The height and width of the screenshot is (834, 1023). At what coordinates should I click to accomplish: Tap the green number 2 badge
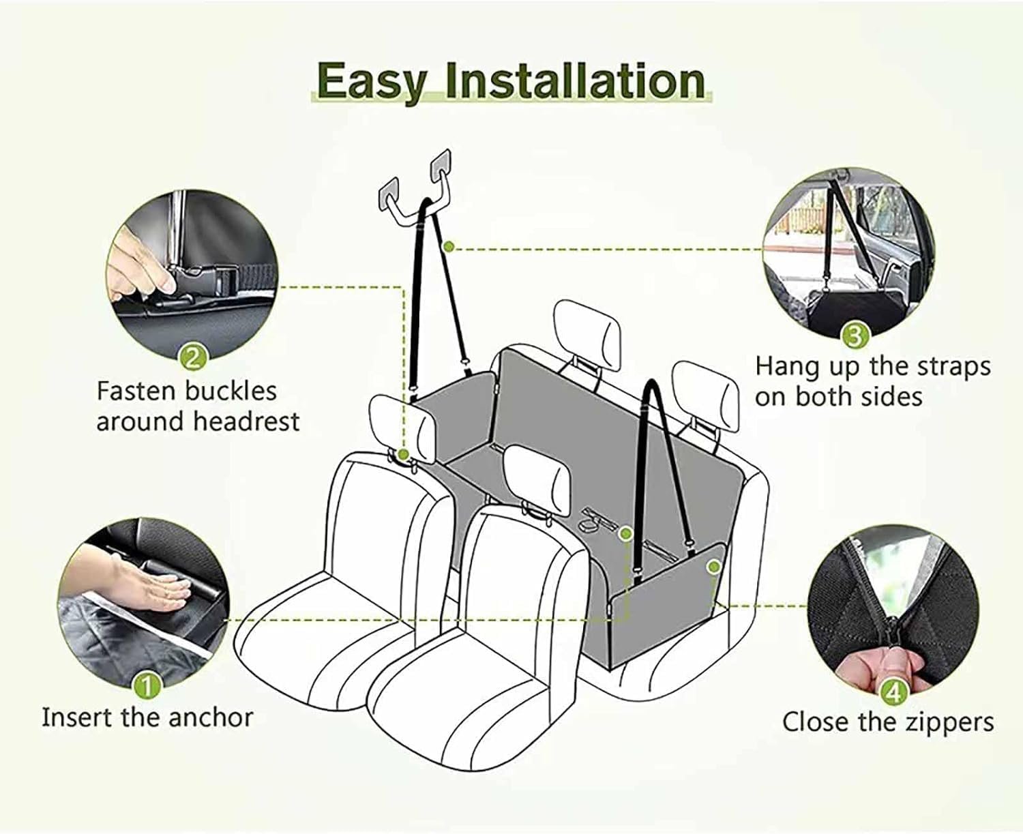click(194, 359)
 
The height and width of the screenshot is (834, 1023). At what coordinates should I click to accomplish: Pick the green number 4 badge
click(894, 693)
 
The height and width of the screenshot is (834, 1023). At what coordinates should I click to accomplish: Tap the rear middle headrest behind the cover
click(587, 335)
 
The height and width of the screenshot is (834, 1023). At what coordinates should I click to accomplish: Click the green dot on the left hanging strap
click(449, 247)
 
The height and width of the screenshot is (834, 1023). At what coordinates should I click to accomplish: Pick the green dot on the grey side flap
click(713, 566)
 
